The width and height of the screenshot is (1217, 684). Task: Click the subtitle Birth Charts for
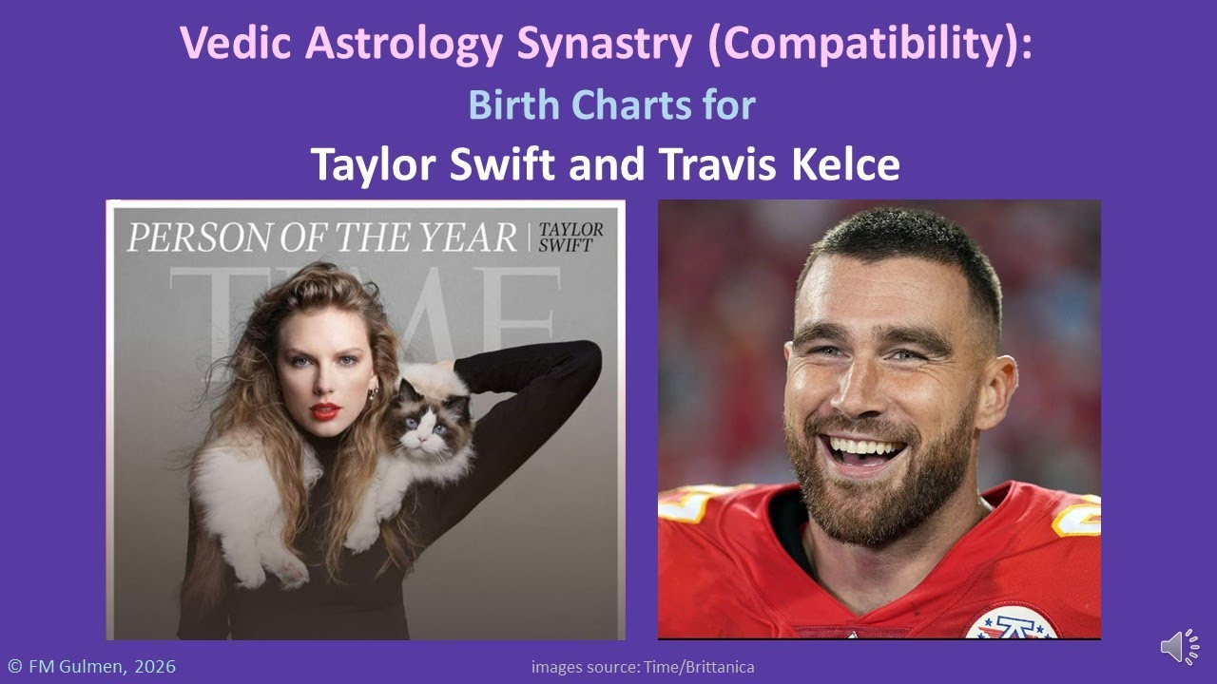(611, 104)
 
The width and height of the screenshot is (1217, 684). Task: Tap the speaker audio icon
(1179, 647)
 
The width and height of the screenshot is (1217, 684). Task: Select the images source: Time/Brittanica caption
(643, 667)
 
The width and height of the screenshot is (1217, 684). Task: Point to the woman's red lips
(324, 410)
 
